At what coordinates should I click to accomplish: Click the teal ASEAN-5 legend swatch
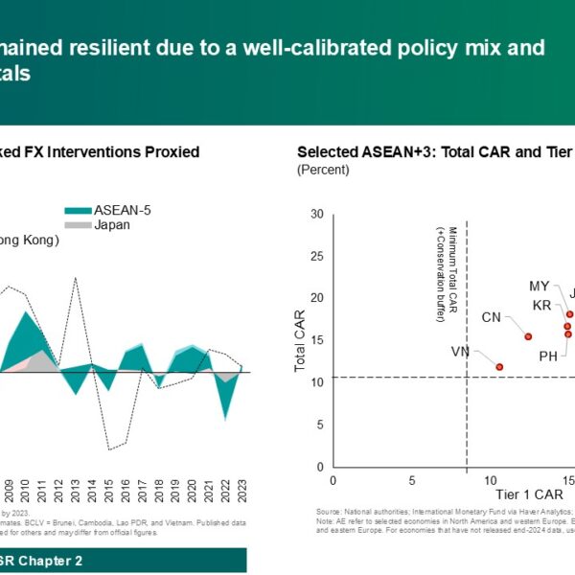(x=78, y=211)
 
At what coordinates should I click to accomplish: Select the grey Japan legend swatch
(x=78, y=225)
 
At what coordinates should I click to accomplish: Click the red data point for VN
(x=499, y=367)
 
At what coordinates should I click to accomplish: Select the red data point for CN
(x=528, y=336)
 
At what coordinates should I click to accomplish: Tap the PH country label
(x=548, y=356)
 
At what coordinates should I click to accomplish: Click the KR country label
(x=542, y=306)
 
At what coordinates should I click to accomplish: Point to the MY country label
(x=540, y=287)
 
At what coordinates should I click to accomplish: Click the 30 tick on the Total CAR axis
(x=317, y=214)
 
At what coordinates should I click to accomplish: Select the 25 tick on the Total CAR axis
(x=317, y=256)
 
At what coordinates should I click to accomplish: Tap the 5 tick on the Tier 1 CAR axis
(x=412, y=481)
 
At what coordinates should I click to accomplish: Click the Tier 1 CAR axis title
(x=529, y=494)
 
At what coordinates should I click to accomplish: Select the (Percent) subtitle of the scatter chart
(x=323, y=170)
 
